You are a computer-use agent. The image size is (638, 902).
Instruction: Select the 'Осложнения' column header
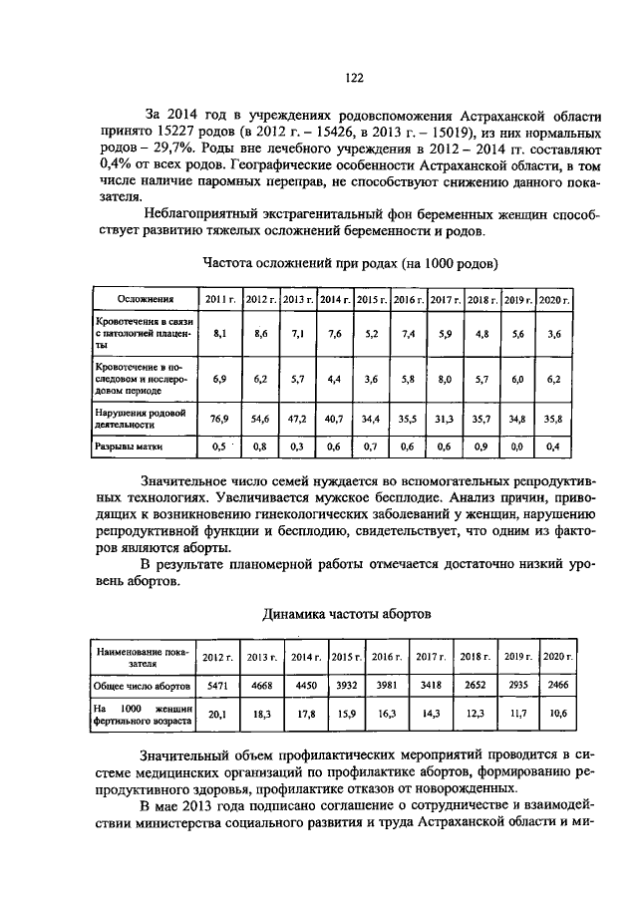point(147,299)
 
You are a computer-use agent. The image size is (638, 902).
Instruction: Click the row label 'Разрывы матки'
point(129,448)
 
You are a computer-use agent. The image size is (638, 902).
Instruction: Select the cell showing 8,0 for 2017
point(445,379)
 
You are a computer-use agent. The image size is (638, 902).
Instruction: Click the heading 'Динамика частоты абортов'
point(348,613)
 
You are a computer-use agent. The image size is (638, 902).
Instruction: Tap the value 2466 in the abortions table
point(558,686)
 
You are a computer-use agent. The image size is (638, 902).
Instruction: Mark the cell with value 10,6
point(558,715)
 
